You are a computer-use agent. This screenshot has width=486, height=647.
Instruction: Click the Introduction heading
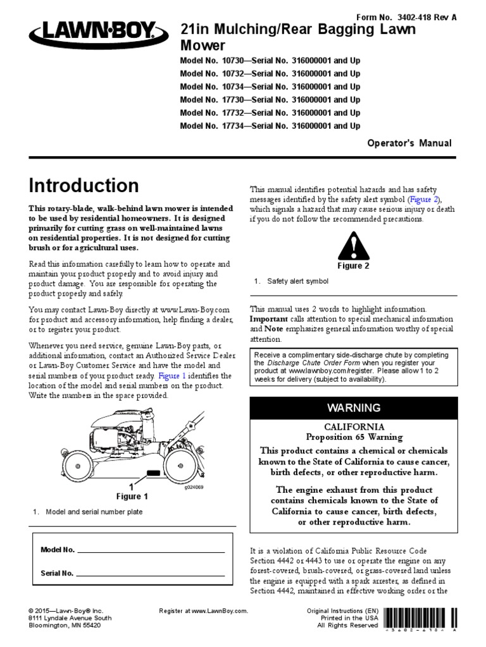tap(84, 185)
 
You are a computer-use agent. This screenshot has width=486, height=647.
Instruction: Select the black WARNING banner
tap(352, 408)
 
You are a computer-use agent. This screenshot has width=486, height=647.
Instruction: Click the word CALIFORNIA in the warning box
tap(352, 427)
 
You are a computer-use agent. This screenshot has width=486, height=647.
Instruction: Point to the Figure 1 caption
tap(132, 496)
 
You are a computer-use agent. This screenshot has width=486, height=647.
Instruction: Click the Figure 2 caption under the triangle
tap(352, 266)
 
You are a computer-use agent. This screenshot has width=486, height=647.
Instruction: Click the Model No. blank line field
tap(151, 550)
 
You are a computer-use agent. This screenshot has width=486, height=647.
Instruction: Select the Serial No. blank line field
tap(151, 574)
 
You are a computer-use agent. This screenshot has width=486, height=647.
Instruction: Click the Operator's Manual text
tap(410, 143)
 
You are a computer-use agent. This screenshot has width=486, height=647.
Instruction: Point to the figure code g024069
tap(194, 487)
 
